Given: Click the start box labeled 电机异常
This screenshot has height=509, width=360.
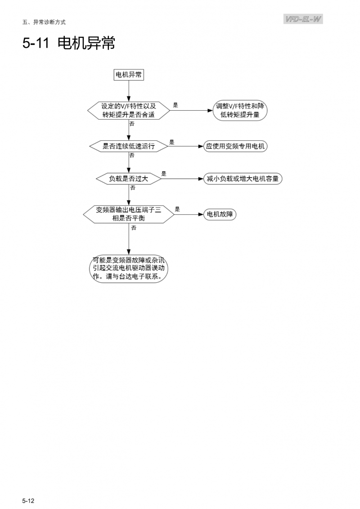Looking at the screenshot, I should (x=129, y=75).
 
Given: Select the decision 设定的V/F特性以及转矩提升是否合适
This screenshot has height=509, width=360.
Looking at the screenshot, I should (x=129, y=110).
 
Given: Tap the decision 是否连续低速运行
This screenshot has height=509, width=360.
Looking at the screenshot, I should (x=129, y=146).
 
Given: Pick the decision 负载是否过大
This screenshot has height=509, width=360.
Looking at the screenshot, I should (x=129, y=179).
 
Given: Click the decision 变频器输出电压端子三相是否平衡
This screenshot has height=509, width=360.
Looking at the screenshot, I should (x=129, y=214).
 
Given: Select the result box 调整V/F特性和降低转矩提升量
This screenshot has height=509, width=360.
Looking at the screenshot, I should (x=240, y=110).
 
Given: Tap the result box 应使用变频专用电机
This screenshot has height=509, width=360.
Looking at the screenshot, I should (x=235, y=146).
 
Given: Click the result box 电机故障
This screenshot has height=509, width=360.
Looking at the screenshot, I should (x=220, y=214).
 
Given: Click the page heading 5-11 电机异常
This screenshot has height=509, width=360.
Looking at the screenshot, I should (x=68, y=43).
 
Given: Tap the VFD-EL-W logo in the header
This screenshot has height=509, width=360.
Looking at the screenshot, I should (x=303, y=19).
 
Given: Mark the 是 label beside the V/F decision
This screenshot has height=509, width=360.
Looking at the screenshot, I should (x=175, y=105).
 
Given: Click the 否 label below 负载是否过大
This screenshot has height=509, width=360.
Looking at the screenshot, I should (x=133, y=188).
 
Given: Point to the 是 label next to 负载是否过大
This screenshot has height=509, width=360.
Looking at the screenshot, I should (x=164, y=174).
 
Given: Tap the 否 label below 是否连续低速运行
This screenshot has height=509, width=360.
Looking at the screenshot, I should (x=132, y=155).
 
